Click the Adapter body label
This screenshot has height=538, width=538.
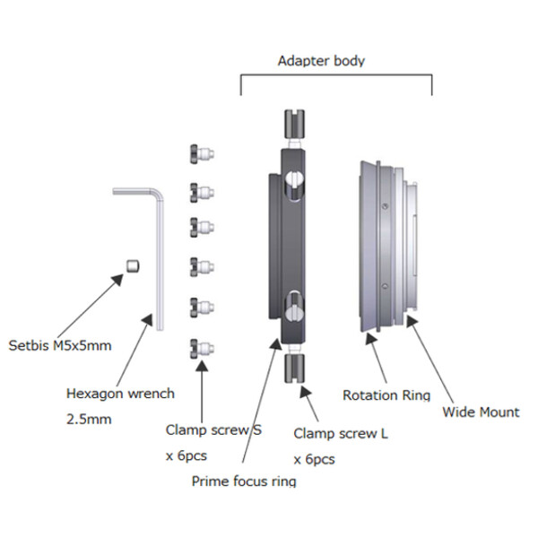tap(321, 61)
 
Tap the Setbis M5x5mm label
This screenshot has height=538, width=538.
tap(59, 345)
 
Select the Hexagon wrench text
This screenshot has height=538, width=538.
tap(121, 393)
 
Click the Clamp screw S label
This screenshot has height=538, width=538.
tap(213, 430)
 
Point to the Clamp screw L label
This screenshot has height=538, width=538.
tap(341, 434)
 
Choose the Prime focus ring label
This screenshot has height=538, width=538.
tap(244, 481)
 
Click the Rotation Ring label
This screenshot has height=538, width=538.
tap(386, 395)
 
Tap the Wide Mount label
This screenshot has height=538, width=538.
tap(482, 412)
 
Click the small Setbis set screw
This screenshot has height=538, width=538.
tap(132, 265)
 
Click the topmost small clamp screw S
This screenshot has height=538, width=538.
tap(200, 154)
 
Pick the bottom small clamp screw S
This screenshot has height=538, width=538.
tap(200, 347)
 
